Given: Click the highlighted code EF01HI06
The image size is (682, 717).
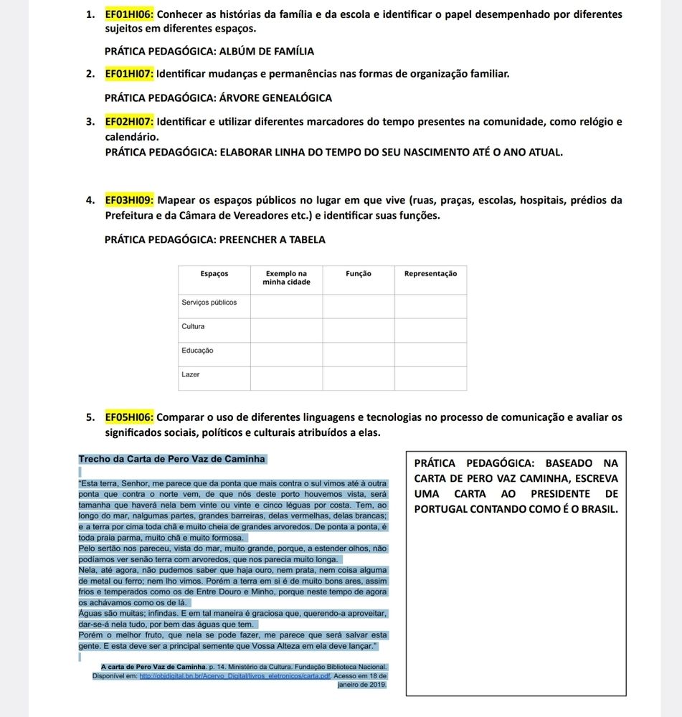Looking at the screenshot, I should (129, 14).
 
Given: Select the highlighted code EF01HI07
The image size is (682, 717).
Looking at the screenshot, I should (129, 73).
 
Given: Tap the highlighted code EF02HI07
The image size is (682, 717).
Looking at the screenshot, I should (129, 121).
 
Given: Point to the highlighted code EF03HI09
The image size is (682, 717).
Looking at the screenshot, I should (129, 199).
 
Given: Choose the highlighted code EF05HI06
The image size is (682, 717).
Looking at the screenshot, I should (129, 417).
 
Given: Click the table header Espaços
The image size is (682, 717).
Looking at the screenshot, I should (214, 273).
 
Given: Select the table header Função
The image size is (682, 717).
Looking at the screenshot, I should (358, 273).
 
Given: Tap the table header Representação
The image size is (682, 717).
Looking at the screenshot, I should (430, 273).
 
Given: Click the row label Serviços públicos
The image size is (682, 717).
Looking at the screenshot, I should (209, 303).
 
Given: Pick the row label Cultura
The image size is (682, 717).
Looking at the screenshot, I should (194, 327).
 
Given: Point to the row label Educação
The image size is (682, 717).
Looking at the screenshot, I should (197, 351).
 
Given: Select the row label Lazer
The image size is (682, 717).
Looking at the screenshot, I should (191, 375).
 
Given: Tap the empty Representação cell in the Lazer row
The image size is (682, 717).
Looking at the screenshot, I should (430, 378).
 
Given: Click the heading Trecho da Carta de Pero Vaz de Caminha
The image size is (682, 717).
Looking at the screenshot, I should (172, 459).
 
